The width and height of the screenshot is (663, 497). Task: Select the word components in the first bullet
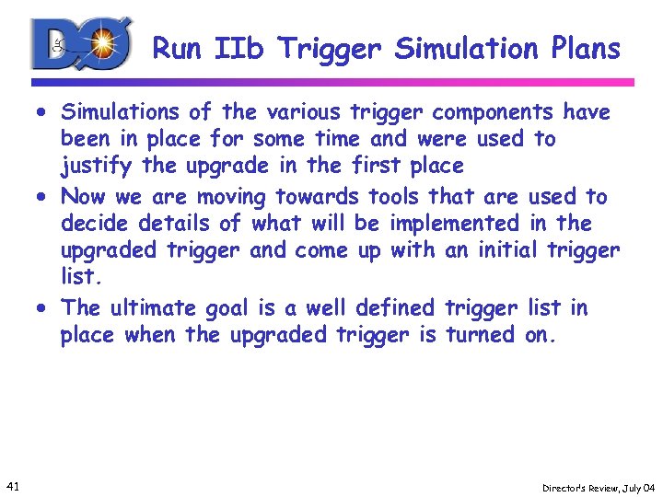pyautogui.click(x=493, y=112)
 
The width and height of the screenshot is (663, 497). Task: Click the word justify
pyautogui.click(x=92, y=168)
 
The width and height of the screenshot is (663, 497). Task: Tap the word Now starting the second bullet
pyautogui.click(x=83, y=196)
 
